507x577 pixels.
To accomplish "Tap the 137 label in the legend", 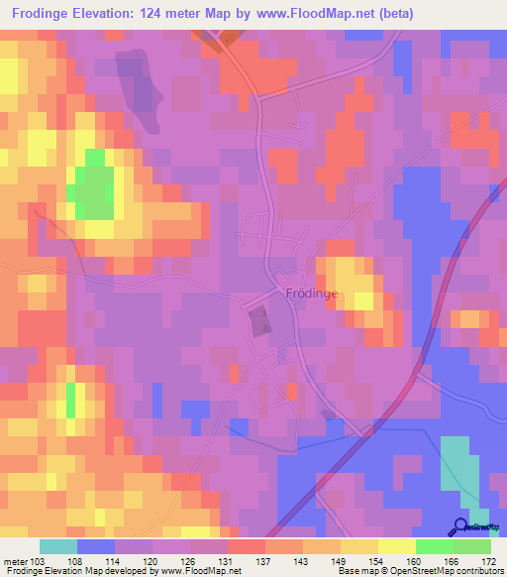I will click(265, 561).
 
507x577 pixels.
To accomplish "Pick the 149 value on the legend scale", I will click(341, 561).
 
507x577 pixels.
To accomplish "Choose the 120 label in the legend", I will click(152, 561).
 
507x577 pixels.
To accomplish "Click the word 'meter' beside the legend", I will click(15, 561).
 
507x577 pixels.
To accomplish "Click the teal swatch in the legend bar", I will click(58, 546).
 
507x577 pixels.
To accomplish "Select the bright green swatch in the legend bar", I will click(434, 546).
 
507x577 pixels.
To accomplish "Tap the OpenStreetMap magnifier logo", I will click(460, 526).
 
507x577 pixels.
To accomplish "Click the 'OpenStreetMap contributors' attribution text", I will click(450, 572).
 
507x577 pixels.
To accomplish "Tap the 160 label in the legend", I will click(417, 561).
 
